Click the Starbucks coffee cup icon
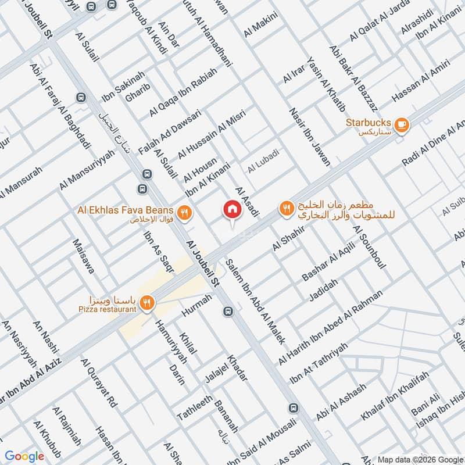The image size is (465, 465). [x=401, y=124]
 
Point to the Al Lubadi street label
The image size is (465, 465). [x=263, y=169]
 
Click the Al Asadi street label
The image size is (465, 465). [x=246, y=202]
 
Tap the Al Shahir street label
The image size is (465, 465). [x=288, y=238]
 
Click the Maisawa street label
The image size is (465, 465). [x=83, y=256]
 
